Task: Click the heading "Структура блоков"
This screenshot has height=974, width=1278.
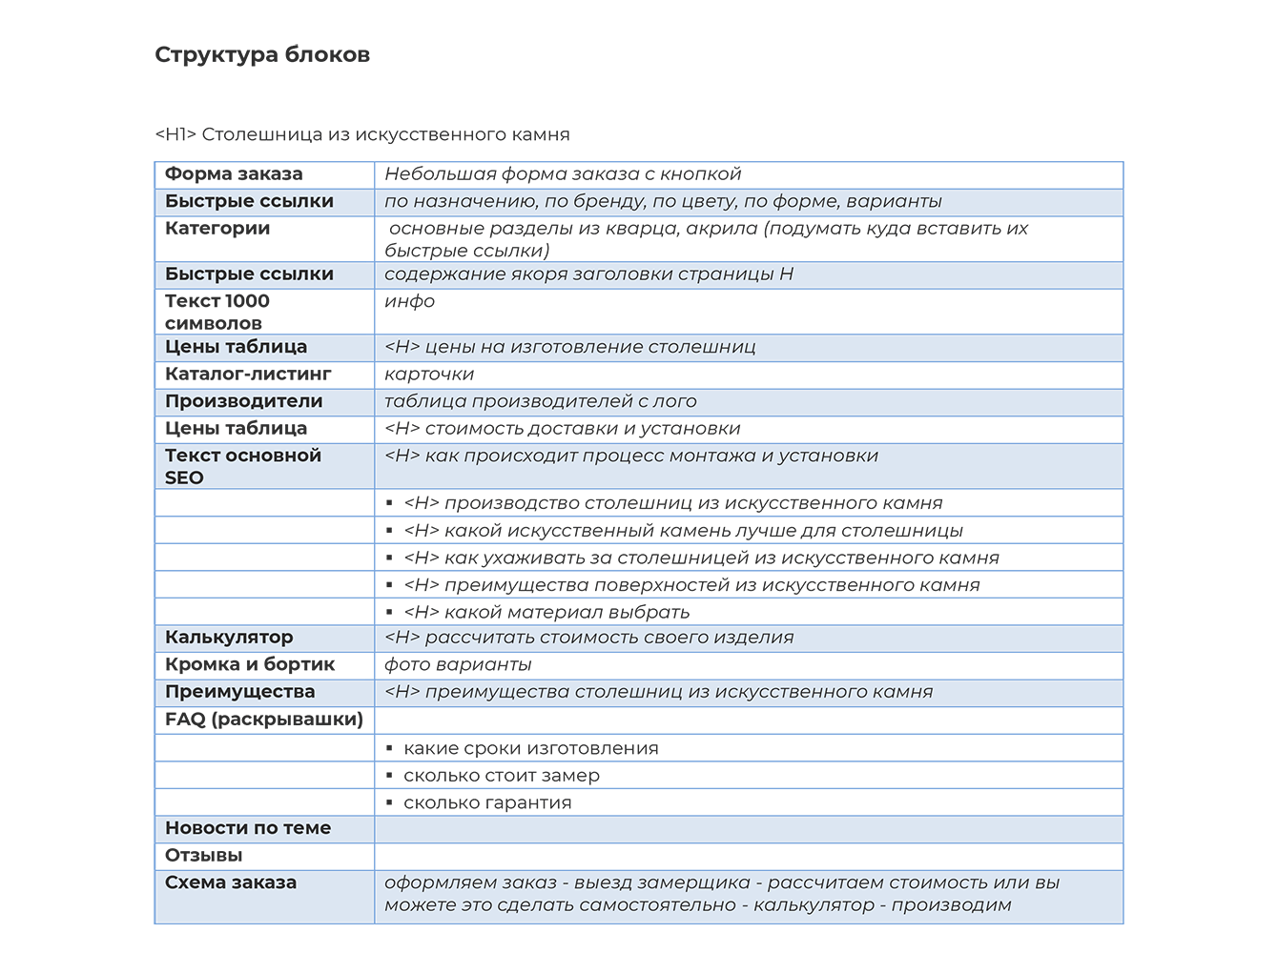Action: click(x=262, y=54)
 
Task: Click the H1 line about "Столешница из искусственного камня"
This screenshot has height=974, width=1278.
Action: click(x=362, y=134)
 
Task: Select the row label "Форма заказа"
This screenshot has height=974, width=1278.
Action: click(x=234, y=174)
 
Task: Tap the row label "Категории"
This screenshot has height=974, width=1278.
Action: click(x=217, y=229)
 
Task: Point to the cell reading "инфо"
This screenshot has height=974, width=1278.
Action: click(x=410, y=301)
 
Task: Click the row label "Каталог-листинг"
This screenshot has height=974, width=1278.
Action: click(x=248, y=375)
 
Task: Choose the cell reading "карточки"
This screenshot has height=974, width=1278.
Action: click(x=429, y=375)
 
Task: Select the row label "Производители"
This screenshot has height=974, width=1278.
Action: click(x=243, y=401)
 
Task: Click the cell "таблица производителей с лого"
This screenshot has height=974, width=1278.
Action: click(x=541, y=401)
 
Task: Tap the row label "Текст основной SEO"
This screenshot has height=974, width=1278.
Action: click(x=242, y=466)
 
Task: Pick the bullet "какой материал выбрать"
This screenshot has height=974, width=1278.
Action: click(x=546, y=612)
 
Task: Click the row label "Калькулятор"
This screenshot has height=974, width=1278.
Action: click(x=229, y=638)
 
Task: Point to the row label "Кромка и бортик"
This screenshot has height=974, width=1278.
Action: click(x=250, y=665)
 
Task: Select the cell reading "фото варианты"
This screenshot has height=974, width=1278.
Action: click(x=458, y=665)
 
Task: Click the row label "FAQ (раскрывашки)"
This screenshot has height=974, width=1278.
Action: click(x=264, y=720)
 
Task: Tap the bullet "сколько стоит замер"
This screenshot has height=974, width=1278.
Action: click(x=502, y=776)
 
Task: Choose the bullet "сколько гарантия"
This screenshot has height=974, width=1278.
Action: click(x=487, y=802)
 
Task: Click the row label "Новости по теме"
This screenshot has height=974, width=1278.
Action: click(x=248, y=828)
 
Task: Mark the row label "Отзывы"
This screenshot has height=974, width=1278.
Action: click(x=204, y=856)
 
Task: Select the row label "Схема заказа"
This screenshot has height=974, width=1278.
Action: click(x=231, y=883)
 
